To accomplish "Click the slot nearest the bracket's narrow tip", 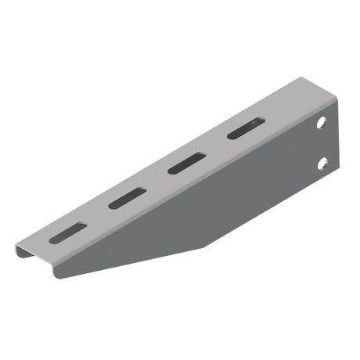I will tap(68, 232).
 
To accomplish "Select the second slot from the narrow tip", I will tap(128, 198).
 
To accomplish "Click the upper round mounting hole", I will tap(321, 124).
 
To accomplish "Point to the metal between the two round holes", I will tap(322, 143).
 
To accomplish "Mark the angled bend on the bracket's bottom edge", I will tap(205, 247).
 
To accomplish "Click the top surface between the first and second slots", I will tap(98, 215).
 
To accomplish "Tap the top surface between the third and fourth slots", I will tap(216, 146).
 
